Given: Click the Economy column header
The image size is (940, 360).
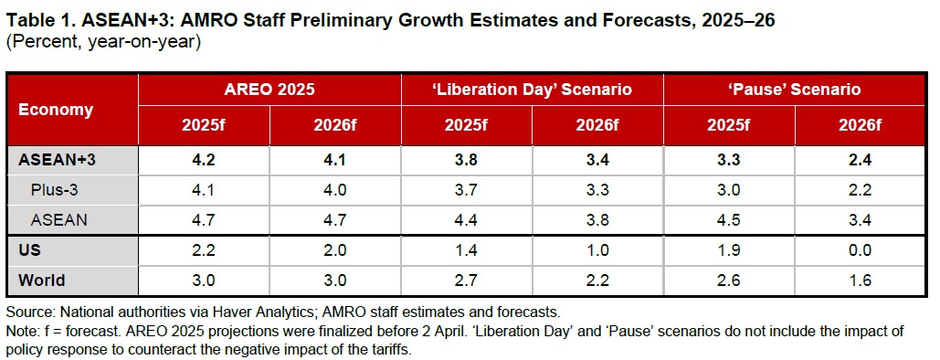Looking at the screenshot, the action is pyautogui.click(x=56, y=110).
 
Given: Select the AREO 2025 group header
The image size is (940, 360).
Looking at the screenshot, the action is pyautogui.click(x=269, y=90).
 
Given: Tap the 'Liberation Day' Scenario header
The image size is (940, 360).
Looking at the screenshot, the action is pyautogui.click(x=533, y=90).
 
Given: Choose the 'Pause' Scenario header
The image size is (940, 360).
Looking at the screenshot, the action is pyautogui.click(x=795, y=90).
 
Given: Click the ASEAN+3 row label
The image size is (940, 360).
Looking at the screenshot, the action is pyautogui.click(x=57, y=160).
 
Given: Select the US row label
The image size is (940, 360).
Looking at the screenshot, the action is pyautogui.click(x=29, y=249).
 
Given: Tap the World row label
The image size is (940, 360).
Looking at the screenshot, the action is pyautogui.click(x=41, y=281).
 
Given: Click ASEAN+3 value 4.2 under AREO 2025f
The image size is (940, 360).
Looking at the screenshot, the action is pyautogui.click(x=203, y=160).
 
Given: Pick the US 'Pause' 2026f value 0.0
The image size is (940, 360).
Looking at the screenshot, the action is pyautogui.click(x=861, y=249).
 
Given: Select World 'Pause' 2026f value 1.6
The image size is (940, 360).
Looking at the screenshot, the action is pyautogui.click(x=861, y=281).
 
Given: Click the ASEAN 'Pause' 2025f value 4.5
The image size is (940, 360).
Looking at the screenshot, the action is pyautogui.click(x=729, y=220).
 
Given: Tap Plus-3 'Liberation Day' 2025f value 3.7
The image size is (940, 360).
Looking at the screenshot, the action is pyautogui.click(x=467, y=190).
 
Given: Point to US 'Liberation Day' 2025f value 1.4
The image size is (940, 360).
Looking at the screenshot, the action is pyautogui.click(x=467, y=249).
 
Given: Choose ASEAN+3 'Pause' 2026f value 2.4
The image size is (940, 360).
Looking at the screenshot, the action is pyautogui.click(x=861, y=160).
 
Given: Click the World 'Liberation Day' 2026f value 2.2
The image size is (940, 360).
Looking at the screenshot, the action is pyautogui.click(x=597, y=281).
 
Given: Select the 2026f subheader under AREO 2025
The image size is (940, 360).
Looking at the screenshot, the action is pyautogui.click(x=335, y=127).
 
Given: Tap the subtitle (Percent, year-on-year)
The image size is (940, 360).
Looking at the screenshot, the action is pyautogui.click(x=102, y=43).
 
